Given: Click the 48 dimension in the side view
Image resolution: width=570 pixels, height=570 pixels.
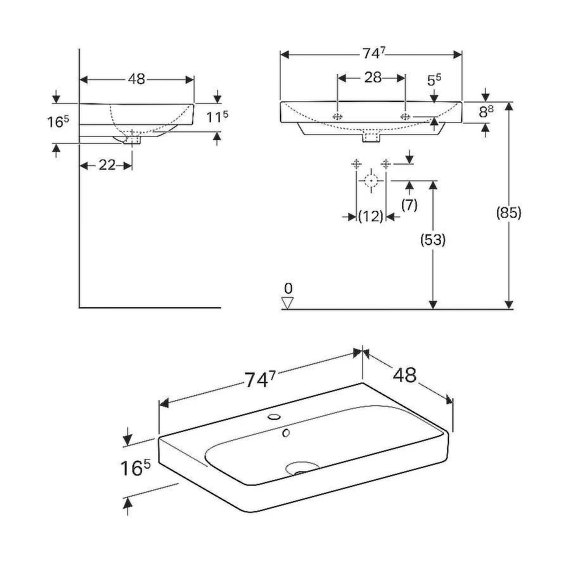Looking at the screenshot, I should coord(136,79).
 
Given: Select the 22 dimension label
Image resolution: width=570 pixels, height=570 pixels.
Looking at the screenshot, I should coord(107,165).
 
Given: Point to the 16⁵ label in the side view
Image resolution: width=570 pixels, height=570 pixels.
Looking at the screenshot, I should coord(57,122).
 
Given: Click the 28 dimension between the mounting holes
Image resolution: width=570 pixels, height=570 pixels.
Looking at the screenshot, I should coord(373,77).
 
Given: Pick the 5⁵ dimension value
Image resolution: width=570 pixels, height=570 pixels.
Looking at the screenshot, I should coord(434,80).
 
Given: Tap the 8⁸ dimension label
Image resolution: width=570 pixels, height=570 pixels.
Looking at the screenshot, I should coord(486,113).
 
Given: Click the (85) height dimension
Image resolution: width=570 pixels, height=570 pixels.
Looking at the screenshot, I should coord(509,213).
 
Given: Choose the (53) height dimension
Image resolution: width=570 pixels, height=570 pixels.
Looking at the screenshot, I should coord(433,240).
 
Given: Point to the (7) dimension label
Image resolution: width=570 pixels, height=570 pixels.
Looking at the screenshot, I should coord(409,205).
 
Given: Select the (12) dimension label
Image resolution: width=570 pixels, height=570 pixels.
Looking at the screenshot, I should coord(370,217).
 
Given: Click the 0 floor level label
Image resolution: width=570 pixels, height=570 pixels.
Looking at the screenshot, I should coord(288,289).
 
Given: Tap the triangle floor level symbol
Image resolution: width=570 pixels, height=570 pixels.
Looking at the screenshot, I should coord(288,303).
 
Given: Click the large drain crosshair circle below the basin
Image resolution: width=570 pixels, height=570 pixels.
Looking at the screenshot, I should coord(370,181).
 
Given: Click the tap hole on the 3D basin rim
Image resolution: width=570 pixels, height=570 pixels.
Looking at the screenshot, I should coord(274,417).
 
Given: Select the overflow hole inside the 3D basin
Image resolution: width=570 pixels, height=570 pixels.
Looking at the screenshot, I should coord(286,433).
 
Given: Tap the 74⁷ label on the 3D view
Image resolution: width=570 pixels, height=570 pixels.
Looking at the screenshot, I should coord(260,379).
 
